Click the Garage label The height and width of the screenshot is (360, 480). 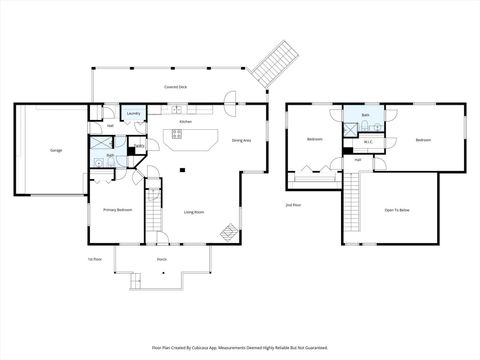pos(56,151)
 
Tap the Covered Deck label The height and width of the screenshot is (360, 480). pos(176,87)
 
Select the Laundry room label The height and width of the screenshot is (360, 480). pos(133,114)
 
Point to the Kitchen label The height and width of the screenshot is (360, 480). pos(185,122)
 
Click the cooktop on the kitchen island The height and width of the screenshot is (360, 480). pos(176,133)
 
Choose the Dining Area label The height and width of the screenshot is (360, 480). pos(241,141)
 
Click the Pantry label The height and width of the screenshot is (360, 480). pos(140,147)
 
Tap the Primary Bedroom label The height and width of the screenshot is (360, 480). pos(117,210)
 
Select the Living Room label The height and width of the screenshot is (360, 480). pos(194,211)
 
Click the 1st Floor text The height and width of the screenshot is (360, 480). pos(93,258)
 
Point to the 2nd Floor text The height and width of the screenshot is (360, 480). pos(293,204)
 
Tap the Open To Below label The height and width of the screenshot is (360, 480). pos(397,210)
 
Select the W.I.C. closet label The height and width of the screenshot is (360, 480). pos(368,142)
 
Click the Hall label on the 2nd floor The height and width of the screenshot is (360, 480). pos(357,160)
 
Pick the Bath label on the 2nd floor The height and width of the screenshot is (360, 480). pos(366,116)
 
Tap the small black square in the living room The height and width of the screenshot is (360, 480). pos(182,169)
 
